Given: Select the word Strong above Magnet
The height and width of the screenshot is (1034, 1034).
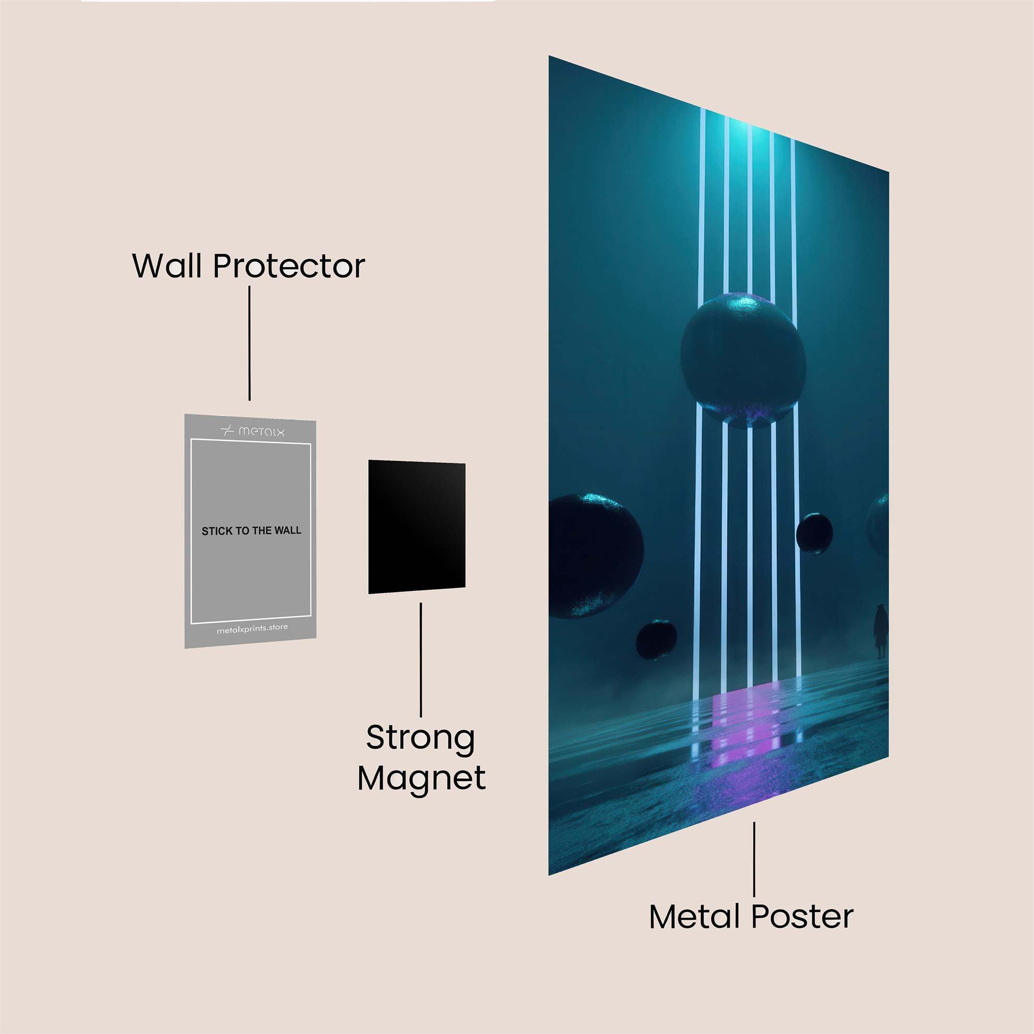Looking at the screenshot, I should click(421, 739).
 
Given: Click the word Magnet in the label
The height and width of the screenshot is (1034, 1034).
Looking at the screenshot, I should click(421, 779).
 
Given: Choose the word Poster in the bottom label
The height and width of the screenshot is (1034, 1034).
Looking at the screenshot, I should click(802, 917).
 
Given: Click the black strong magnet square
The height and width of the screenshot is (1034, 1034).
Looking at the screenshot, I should click(416, 527).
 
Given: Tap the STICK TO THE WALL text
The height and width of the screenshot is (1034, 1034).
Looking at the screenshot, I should click(251, 531).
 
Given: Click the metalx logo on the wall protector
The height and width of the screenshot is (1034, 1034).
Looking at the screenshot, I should click(252, 431).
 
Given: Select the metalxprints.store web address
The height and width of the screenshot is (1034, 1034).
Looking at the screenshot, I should click(252, 629).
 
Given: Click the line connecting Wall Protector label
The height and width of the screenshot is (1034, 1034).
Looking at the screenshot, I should click(249, 343).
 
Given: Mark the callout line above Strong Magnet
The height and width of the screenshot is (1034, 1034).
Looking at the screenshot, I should click(421, 659).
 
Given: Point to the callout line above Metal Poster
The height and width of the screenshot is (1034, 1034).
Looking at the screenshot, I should click(754, 859).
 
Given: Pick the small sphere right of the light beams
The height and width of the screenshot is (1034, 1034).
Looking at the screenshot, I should click(814, 533).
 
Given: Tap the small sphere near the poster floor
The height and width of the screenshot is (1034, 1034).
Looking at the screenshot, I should click(656, 639).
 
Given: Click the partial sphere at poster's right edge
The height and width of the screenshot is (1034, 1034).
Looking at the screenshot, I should click(879, 524).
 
